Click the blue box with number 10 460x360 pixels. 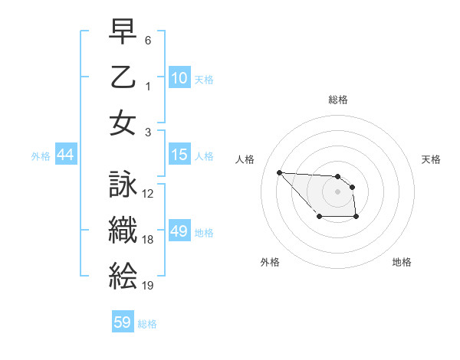click(179, 78)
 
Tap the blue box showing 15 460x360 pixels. click(179, 155)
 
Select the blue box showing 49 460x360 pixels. click(179, 231)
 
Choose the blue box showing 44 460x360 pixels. click(66, 155)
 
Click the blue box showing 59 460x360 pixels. click(123, 322)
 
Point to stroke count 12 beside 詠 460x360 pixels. click(149, 194)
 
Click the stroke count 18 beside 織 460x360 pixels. click(149, 240)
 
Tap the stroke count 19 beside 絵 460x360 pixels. click(149, 286)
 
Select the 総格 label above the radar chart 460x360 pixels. click(337, 100)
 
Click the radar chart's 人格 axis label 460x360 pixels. click(245, 159)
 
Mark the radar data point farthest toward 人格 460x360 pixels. click(279, 172)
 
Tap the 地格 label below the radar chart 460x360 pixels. click(402, 262)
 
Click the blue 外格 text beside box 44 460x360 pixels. click(41, 155)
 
